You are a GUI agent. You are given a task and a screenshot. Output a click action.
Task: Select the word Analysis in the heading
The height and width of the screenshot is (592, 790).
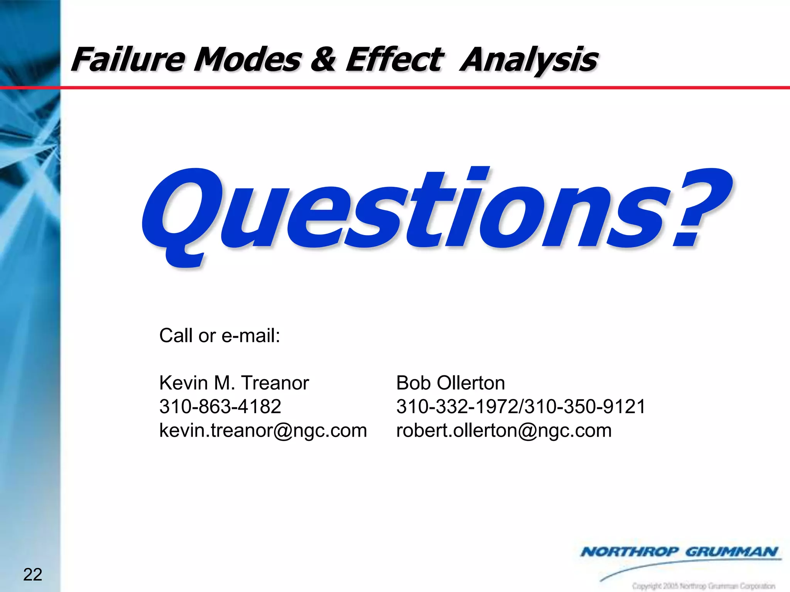pyautogui.click(x=529, y=60)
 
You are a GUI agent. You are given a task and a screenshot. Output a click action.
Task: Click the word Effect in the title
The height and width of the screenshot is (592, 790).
pyautogui.click(x=394, y=60)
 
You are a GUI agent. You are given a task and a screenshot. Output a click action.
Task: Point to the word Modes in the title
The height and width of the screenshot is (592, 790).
pyautogui.click(x=247, y=60)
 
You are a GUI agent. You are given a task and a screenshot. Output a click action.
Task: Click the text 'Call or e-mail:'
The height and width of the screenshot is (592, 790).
pyautogui.click(x=219, y=336)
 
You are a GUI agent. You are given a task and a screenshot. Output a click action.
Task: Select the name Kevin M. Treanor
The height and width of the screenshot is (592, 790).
pyautogui.click(x=234, y=383)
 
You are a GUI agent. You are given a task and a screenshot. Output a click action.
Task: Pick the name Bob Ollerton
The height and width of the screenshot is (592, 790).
pyautogui.click(x=451, y=383)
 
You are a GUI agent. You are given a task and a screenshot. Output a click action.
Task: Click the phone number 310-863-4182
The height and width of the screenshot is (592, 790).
pyautogui.click(x=220, y=407)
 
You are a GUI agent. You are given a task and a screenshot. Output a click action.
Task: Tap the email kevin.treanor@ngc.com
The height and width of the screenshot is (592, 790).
pyautogui.click(x=263, y=430)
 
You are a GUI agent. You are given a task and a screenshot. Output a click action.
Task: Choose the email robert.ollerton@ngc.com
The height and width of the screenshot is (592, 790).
pyautogui.click(x=504, y=430)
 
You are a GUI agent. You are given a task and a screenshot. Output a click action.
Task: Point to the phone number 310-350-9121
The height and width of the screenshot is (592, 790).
pyautogui.click(x=586, y=407)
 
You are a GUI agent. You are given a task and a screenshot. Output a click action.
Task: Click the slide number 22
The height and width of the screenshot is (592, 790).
pyautogui.click(x=33, y=575)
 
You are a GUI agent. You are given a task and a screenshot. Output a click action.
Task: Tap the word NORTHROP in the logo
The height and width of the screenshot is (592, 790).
pyautogui.click(x=630, y=552)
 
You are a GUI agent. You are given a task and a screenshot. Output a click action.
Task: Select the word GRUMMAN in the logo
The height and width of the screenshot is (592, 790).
pyautogui.click(x=731, y=552)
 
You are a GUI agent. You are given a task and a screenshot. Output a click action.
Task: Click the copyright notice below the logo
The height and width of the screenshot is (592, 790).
pyautogui.click(x=704, y=586)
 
